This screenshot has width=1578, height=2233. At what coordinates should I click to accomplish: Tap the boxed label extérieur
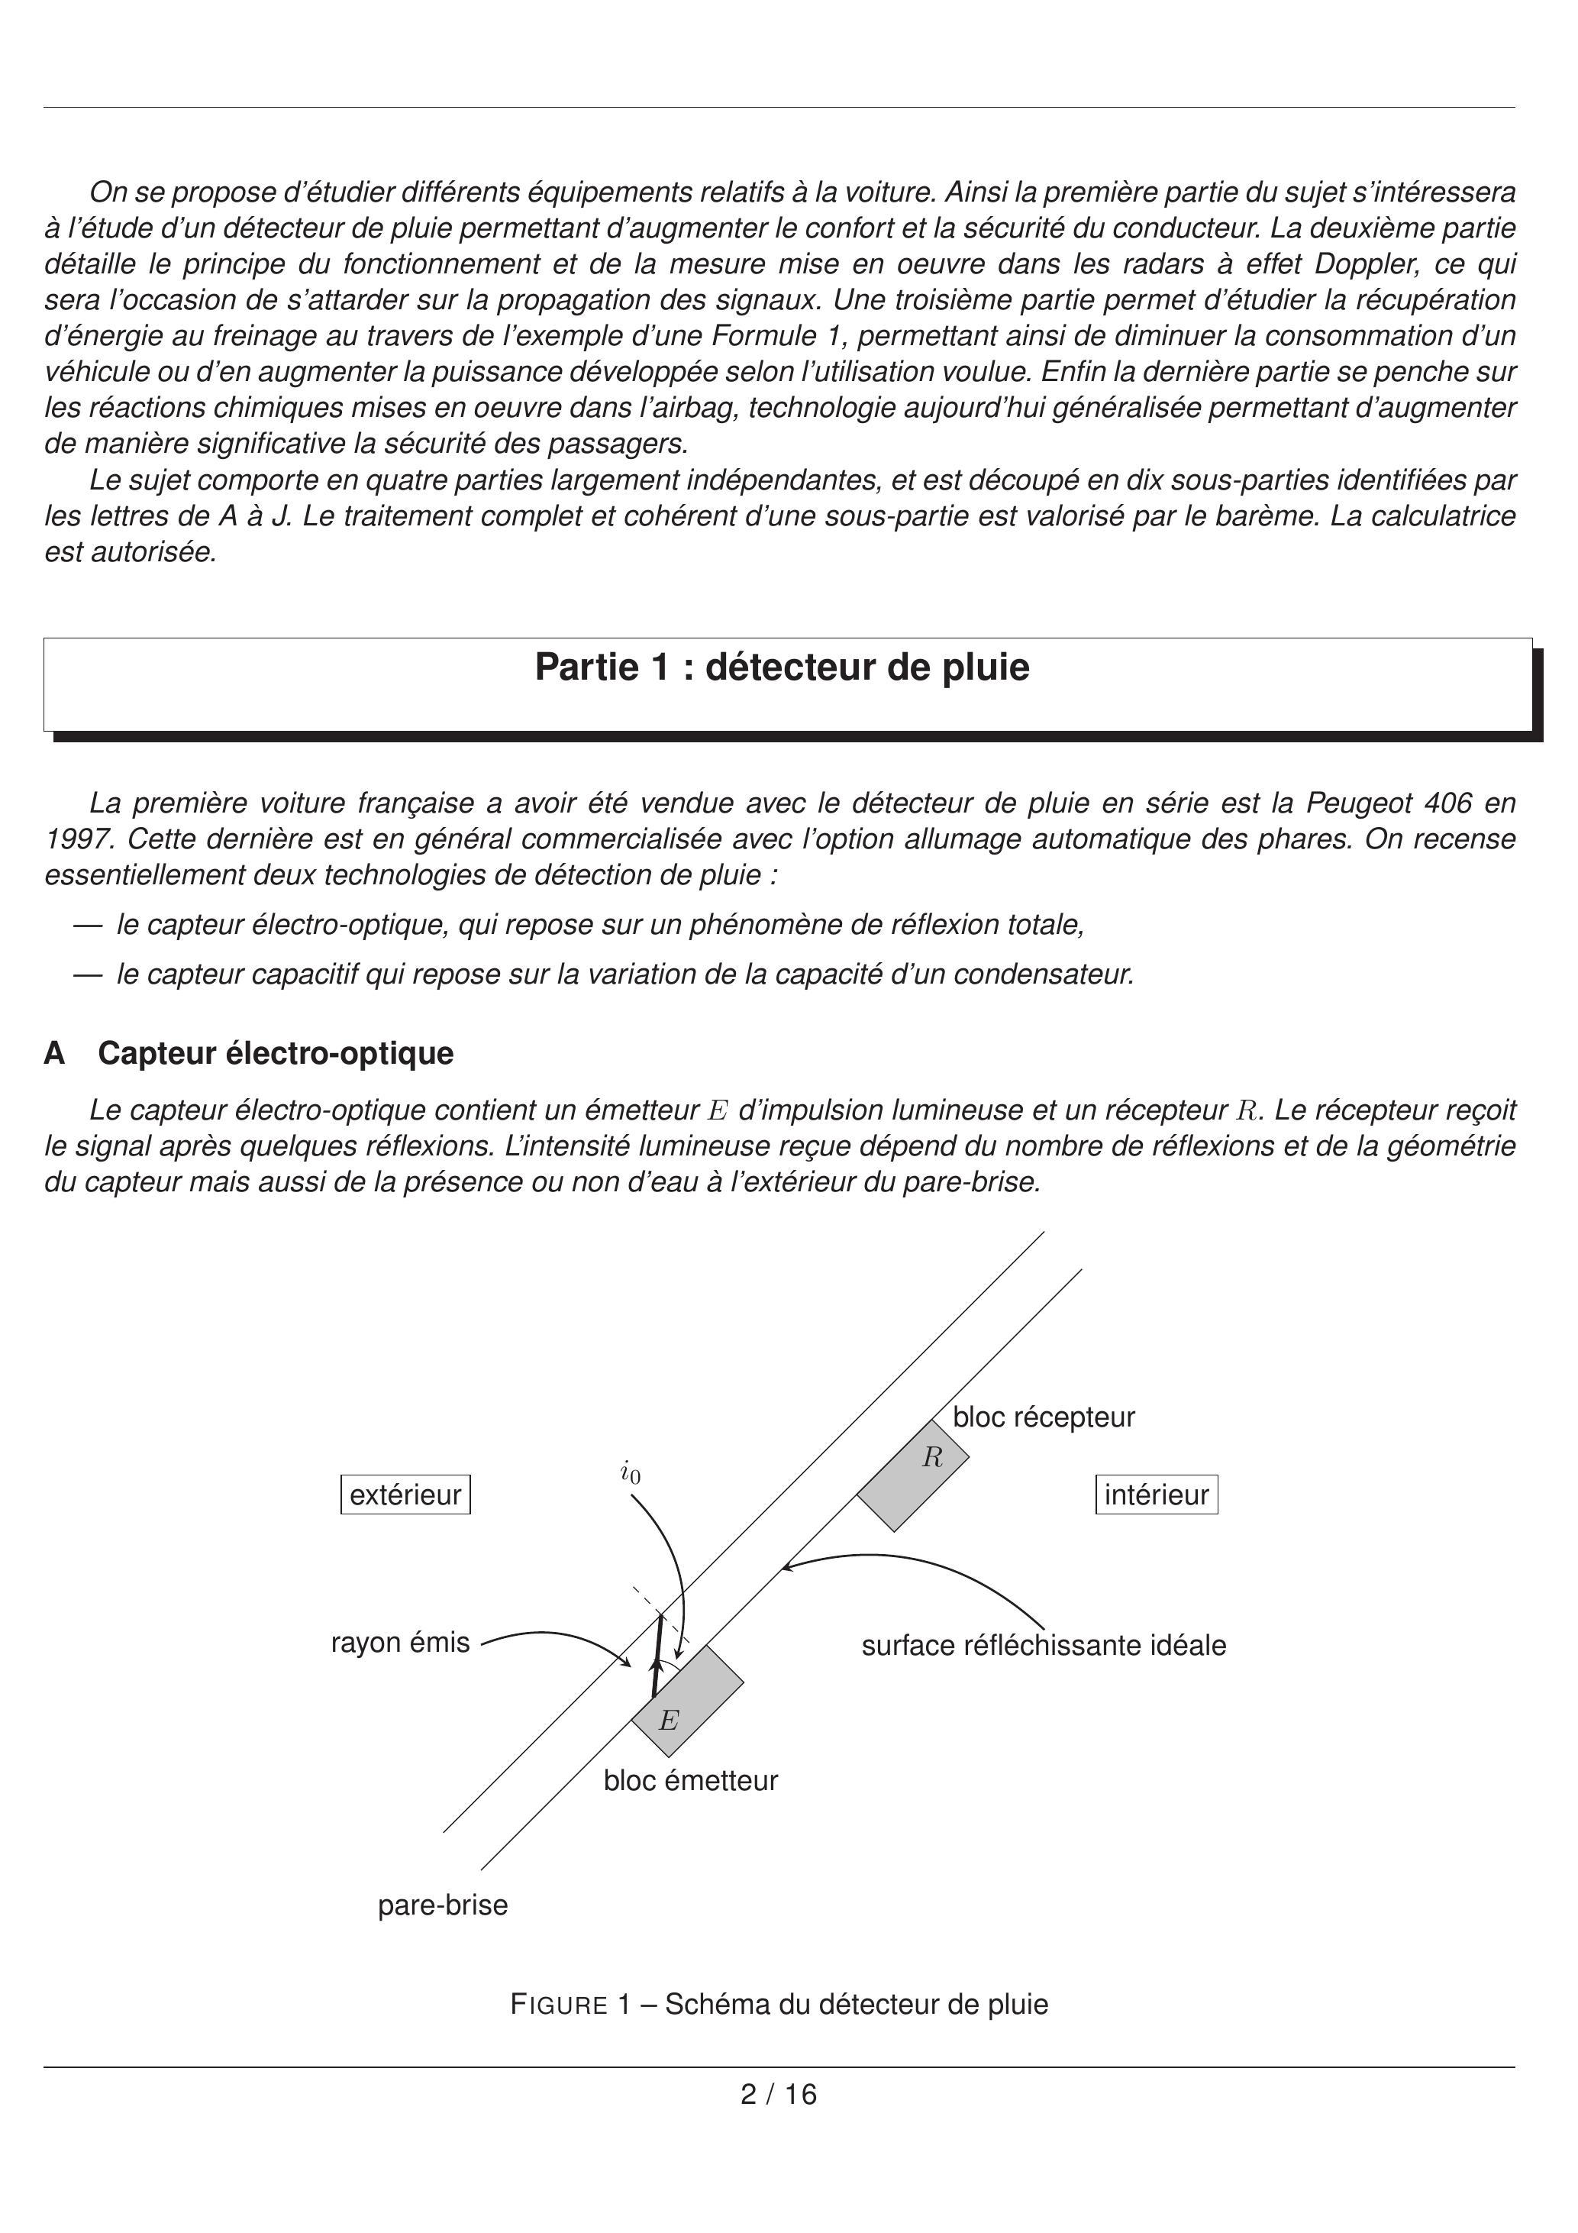click(405, 1495)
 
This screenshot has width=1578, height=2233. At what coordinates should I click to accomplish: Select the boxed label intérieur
click(1156, 1495)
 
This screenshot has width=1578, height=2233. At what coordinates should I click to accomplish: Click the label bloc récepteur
click(1044, 1417)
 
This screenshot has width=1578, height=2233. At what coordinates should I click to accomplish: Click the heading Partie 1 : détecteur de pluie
click(782, 667)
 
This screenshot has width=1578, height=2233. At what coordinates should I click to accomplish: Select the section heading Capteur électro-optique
click(275, 1053)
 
